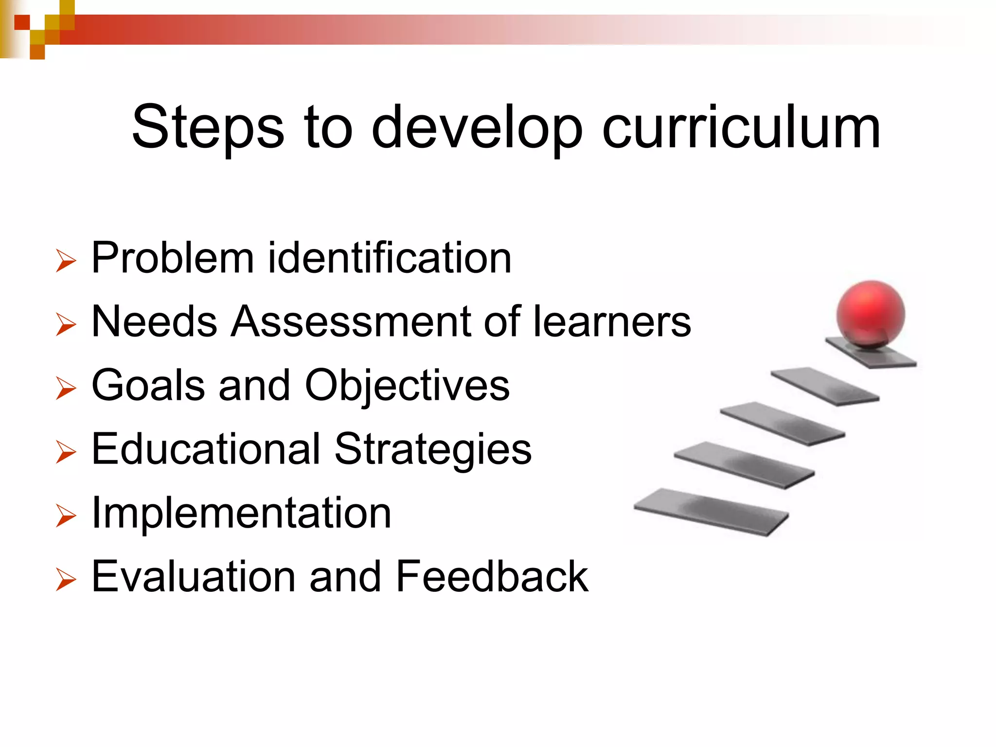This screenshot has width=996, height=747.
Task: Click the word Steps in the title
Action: tap(208, 127)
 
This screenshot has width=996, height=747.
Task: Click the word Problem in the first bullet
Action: tap(173, 258)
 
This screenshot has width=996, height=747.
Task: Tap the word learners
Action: tap(612, 321)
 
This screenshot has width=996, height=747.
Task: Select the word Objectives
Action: tap(407, 386)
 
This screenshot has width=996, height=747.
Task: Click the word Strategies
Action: tap(433, 449)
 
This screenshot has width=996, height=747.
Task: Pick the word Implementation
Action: tap(241, 513)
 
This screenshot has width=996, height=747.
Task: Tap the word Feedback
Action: tap(492, 577)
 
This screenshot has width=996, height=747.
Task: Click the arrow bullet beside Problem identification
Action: tap(66, 260)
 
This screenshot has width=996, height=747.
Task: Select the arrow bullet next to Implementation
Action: tap(66, 516)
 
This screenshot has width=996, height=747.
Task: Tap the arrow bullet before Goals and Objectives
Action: tap(66, 388)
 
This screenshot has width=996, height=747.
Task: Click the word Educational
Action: tap(206, 449)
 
